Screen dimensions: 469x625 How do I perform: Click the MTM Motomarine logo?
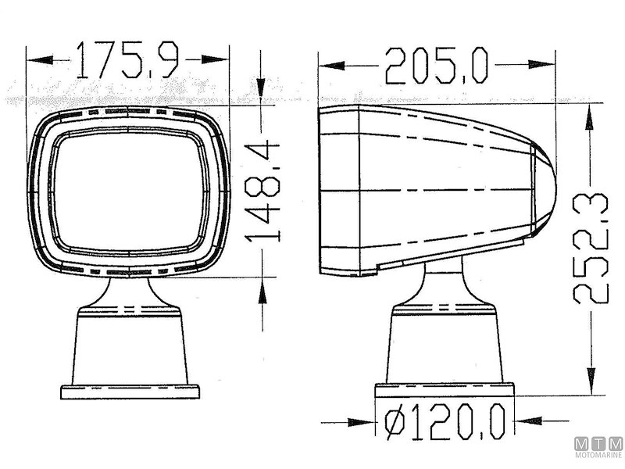(x=600, y=449)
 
